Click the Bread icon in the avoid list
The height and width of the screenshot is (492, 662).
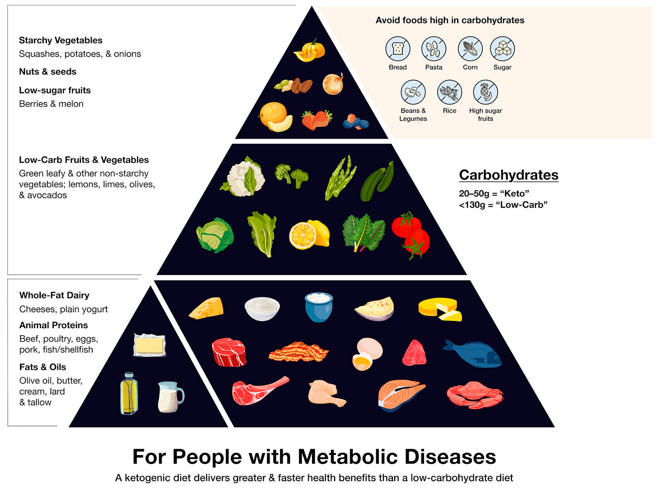(398, 49)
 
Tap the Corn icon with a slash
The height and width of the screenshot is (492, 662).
(470, 49)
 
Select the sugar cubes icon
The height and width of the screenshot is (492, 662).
(502, 49)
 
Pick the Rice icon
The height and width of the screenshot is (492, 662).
(449, 92)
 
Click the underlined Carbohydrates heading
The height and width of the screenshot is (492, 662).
(508, 175)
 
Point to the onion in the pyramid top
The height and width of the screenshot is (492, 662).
(333, 84)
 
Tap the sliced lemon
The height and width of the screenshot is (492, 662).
(309, 234)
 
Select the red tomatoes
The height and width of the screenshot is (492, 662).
(411, 234)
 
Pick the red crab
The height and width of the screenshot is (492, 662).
(475, 394)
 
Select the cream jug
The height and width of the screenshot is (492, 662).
(170, 397)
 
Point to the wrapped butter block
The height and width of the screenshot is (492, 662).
(149, 345)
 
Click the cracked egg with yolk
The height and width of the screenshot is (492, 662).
(367, 354)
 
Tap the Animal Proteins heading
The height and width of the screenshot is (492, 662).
(54, 325)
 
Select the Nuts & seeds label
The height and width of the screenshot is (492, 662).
(48, 71)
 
